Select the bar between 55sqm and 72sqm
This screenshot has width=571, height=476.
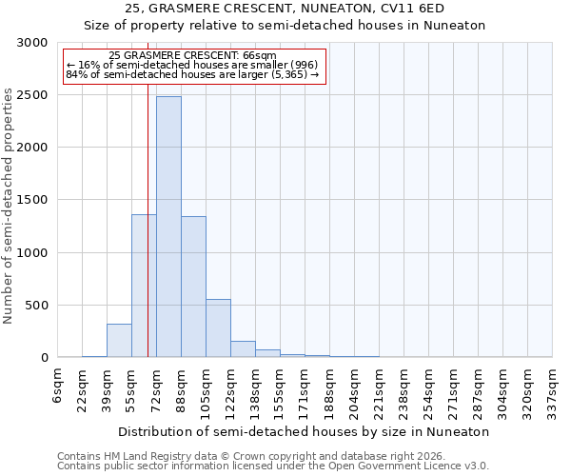pyautogui.click(x=144, y=286)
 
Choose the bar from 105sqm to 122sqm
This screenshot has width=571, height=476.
pyautogui.click(x=218, y=328)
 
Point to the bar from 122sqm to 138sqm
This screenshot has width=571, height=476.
pyautogui.click(x=243, y=348)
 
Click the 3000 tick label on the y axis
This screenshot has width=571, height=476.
pyautogui.click(x=32, y=43)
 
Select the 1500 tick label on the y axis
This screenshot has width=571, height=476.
pyautogui.click(x=32, y=200)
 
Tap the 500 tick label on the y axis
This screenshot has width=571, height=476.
pyautogui.click(x=36, y=306)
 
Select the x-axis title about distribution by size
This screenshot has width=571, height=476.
pyautogui.click(x=305, y=431)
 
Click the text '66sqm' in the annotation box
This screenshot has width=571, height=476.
pyautogui.click(x=256, y=56)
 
